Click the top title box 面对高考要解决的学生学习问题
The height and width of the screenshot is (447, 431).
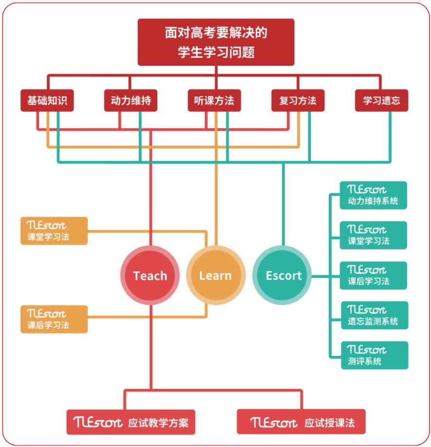pyautogui.click(x=216, y=42)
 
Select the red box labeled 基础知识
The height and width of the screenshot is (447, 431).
pyautogui.click(x=47, y=101)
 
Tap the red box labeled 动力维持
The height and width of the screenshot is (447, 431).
pyautogui.click(x=131, y=101)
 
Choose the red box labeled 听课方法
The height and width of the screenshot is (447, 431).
pyautogui.click(x=214, y=101)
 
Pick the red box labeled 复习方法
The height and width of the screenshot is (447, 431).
pyautogui.click(x=298, y=101)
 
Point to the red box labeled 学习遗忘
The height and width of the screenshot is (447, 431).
pyautogui.click(x=381, y=101)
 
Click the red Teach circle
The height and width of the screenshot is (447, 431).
pyautogui.click(x=150, y=276)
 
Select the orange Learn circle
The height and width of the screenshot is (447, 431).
pyautogui.click(x=215, y=276)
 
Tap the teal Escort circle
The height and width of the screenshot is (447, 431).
pyautogui.click(x=283, y=276)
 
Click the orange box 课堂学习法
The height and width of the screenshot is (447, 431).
pyautogui.click(x=54, y=231)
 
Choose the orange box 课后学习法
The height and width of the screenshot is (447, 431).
pyautogui.click(x=54, y=319)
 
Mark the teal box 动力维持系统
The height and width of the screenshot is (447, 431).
pyautogui.click(x=374, y=195)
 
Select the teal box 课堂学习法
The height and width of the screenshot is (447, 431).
pyautogui.click(x=374, y=235)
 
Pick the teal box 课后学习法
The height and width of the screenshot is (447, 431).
pyautogui.click(x=374, y=275)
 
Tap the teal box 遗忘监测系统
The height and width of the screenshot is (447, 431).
pyautogui.click(x=374, y=316)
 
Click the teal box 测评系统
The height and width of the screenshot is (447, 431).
pyautogui.click(x=374, y=355)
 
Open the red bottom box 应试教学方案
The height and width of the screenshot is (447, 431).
pyautogui.click(x=131, y=422)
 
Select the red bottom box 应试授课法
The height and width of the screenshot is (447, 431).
pyautogui.click(x=301, y=422)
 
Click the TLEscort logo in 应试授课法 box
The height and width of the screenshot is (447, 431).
pyautogui.click(x=274, y=422)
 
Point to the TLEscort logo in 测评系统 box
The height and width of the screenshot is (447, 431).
pyautogui.click(x=367, y=350)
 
